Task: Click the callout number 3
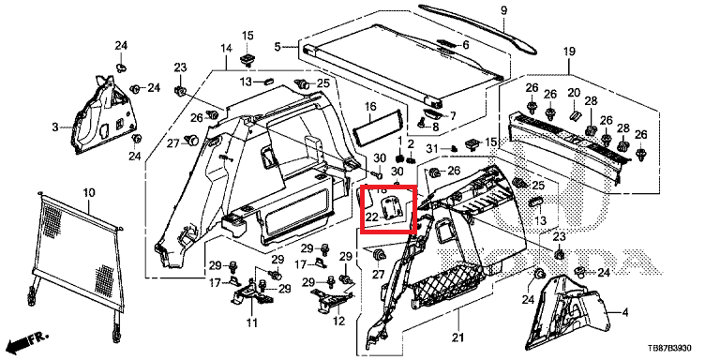coord(55,127)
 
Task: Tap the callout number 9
coord(503,10)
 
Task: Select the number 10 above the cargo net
coord(89,192)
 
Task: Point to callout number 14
coord(226,48)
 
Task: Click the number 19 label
coord(569,52)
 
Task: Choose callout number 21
coord(457,337)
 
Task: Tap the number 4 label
coord(624,313)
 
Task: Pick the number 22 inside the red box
coord(371,217)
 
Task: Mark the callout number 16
coord(370,107)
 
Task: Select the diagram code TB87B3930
coord(669,349)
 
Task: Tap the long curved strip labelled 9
coord(477,26)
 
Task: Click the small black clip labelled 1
coord(399,157)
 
